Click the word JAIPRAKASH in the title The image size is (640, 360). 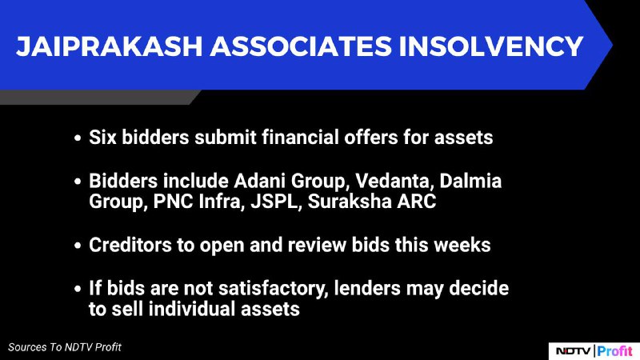pyautogui.click(x=110, y=46)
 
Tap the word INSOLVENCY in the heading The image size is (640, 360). pyautogui.click(x=491, y=46)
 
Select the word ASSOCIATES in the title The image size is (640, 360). pyautogui.click(x=301, y=46)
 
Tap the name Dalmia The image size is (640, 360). pyautogui.click(x=470, y=181)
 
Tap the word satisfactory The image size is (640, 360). pyautogui.click(x=274, y=289)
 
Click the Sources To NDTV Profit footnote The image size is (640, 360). pyautogui.click(x=65, y=347)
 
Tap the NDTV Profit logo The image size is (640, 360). pyautogui.click(x=594, y=351)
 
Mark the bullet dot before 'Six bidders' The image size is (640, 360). pyautogui.click(x=78, y=138)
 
